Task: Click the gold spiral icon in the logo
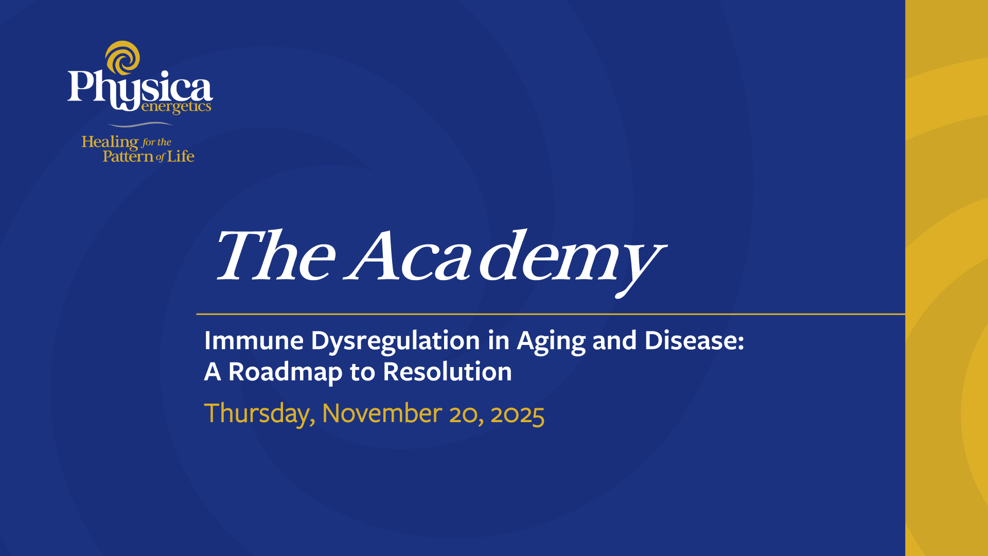[122, 58]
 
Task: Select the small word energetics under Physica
[176, 107]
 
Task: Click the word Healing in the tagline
[110, 142]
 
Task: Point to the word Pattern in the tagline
[128, 157]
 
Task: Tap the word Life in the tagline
[181, 156]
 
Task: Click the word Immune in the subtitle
[254, 341]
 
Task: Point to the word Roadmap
[285, 373]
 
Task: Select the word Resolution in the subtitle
[447, 372]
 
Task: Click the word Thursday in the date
[259, 414]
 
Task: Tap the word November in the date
[382, 413]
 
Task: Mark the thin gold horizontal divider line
[551, 314]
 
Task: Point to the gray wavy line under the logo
[139, 124]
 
